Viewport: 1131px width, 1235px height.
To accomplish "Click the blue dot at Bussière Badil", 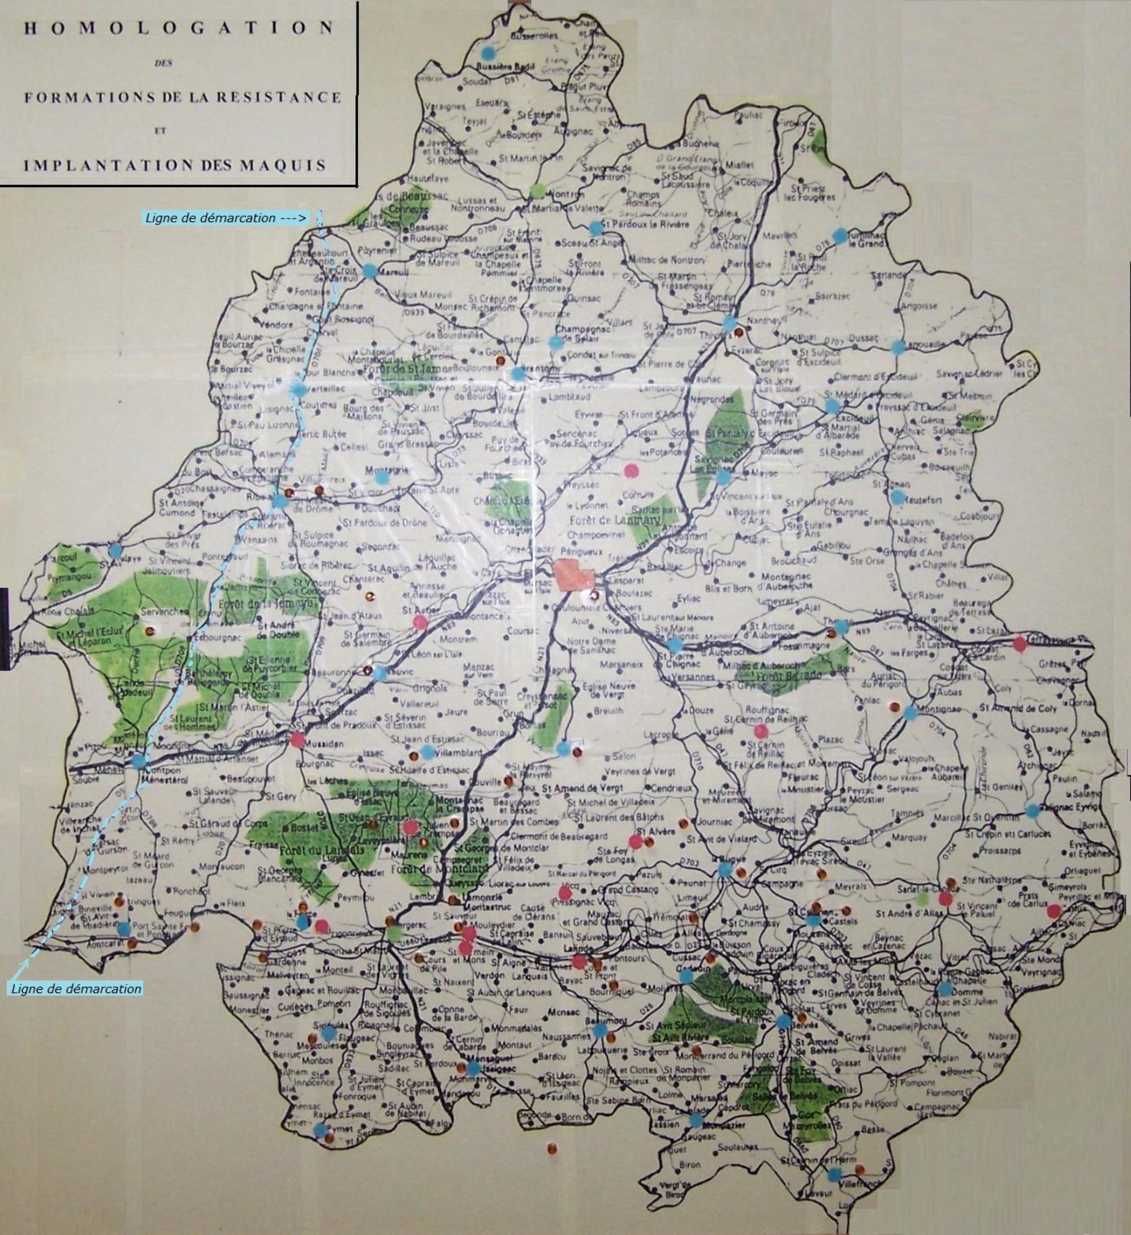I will click(x=487, y=53).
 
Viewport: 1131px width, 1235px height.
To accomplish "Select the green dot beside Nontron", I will click(x=537, y=191).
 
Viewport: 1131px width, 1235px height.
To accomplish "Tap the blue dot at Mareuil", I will click(x=369, y=269).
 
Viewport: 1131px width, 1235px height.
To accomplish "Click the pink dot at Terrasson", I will click(x=1019, y=644).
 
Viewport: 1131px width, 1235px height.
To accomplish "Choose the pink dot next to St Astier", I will click(x=420, y=622).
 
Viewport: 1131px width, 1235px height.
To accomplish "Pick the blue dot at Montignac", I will click(x=910, y=713).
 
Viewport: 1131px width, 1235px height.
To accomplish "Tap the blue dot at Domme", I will click(x=945, y=989).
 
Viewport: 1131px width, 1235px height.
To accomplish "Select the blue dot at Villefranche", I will click(x=834, y=1175).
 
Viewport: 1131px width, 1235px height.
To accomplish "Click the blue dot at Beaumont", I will click(x=600, y=1031).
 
